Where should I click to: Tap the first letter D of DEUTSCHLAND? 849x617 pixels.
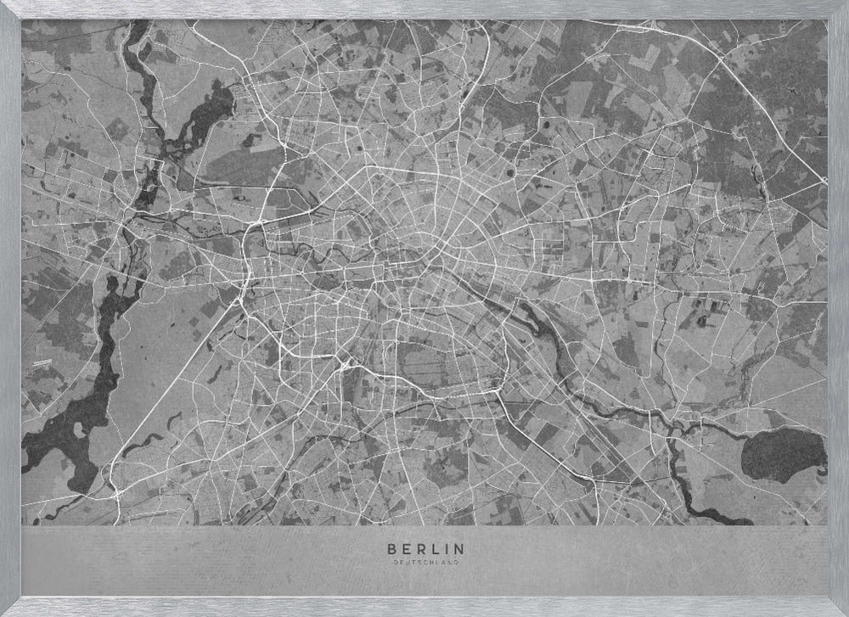pyautogui.click(x=396, y=562)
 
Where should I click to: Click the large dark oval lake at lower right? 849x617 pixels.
pyautogui.click(x=783, y=454)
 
